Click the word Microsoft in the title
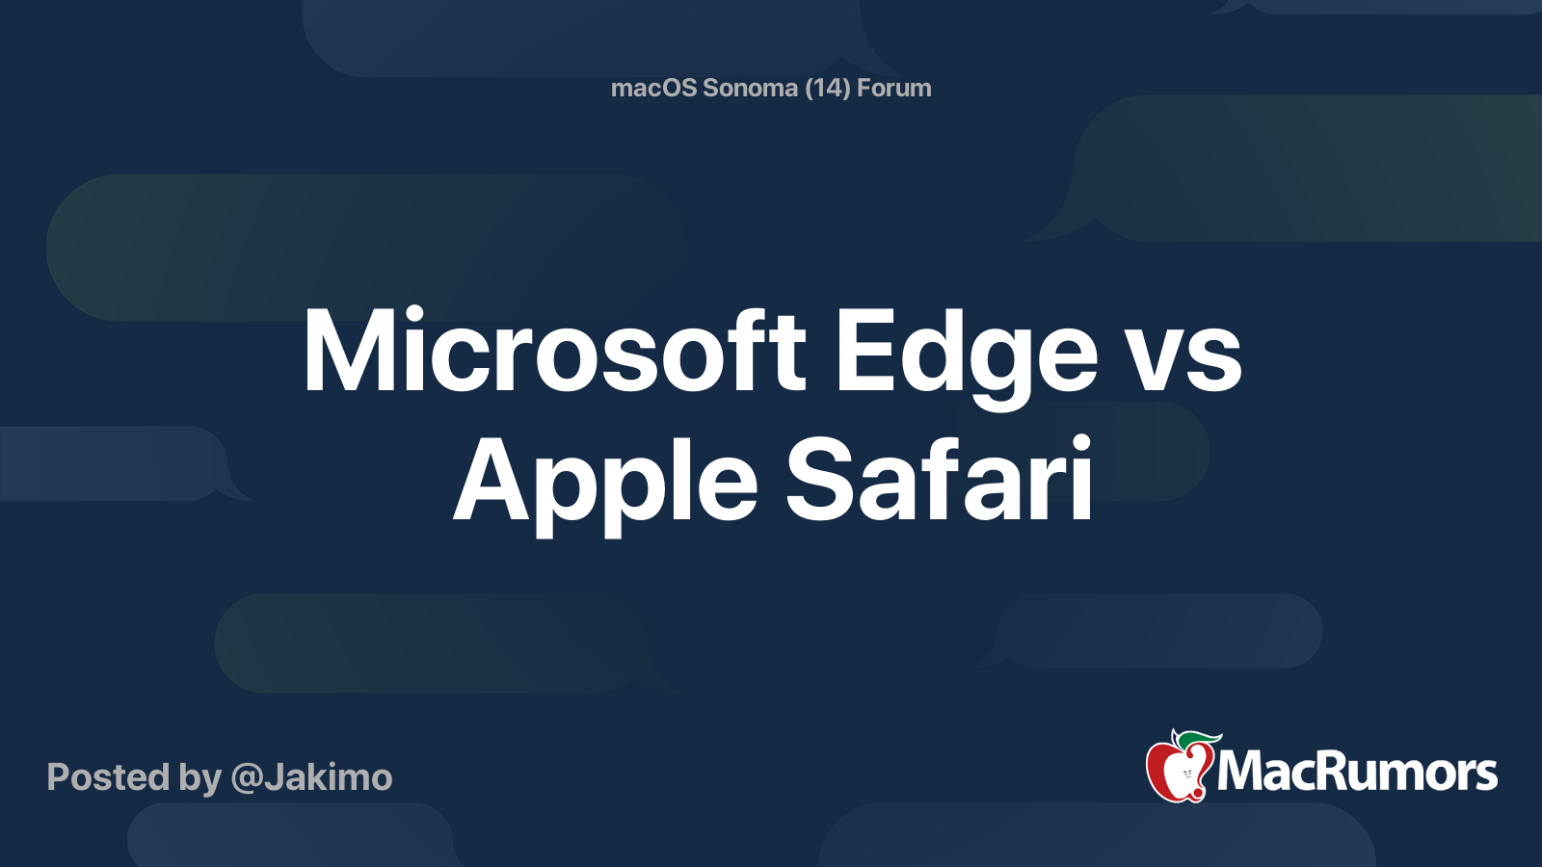coord(554,352)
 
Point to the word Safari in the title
coord(940,479)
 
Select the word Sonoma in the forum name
coord(750,88)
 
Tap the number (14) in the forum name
coord(827,88)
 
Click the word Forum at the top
coord(894,88)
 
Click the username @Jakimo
coord(311,777)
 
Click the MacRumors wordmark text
coord(1357,773)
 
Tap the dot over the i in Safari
coord(1080,444)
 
